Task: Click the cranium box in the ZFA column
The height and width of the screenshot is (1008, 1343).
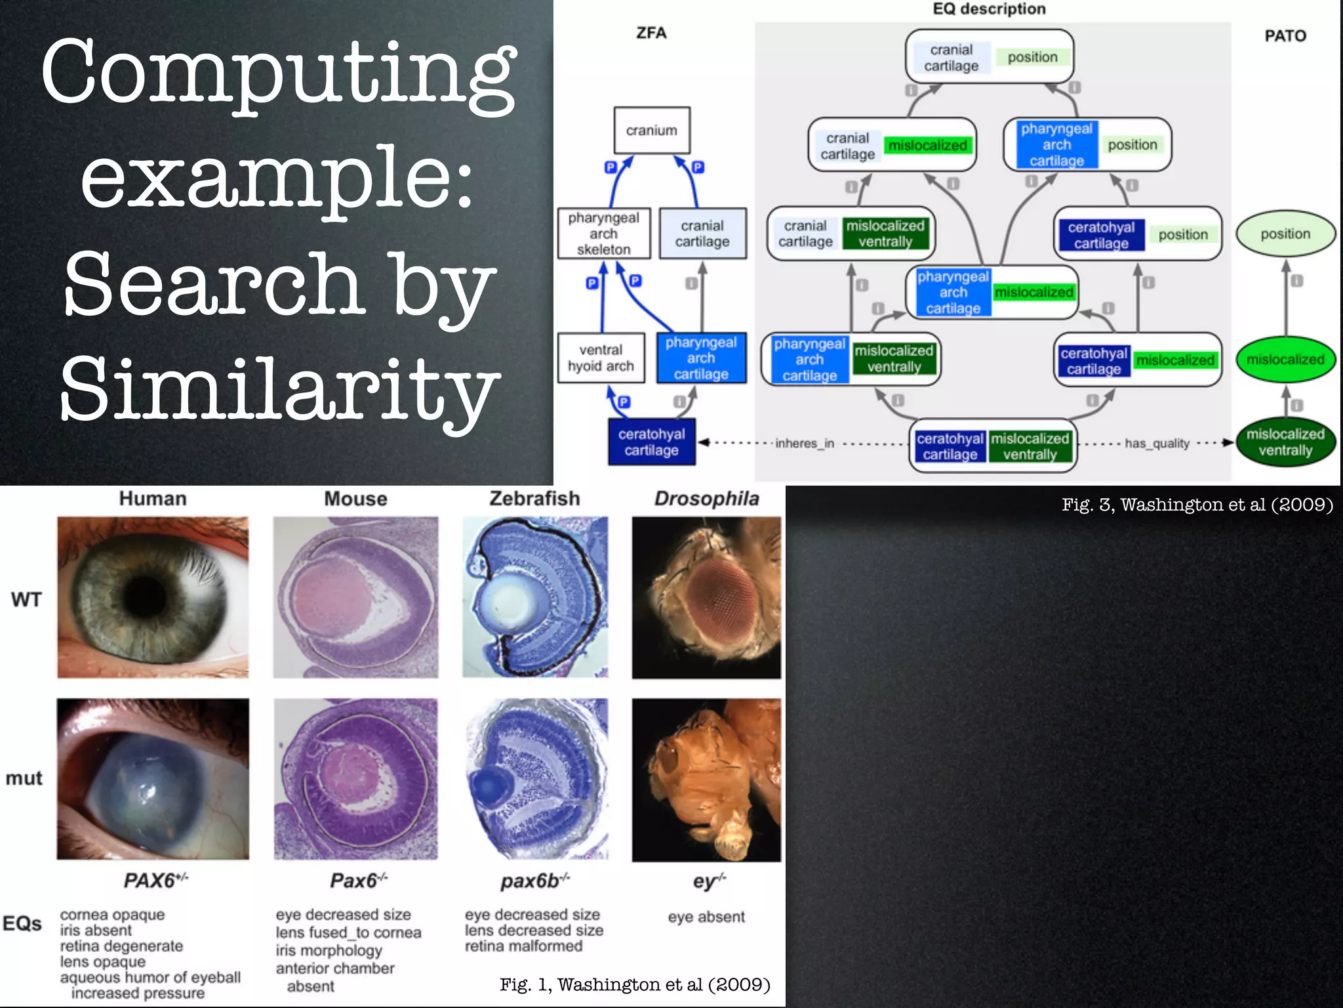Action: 651,131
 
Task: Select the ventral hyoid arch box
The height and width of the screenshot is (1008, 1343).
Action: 601,358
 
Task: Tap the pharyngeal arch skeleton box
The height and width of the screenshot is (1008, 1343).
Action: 603,234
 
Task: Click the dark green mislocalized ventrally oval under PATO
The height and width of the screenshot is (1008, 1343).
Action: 1285,442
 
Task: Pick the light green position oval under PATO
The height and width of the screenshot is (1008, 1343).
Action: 1285,234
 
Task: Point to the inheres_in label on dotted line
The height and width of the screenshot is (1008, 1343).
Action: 805,444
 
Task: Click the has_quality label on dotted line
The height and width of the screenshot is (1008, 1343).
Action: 1157,444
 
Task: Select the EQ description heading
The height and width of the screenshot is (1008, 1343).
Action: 989,9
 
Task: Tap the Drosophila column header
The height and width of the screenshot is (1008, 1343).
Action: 706,499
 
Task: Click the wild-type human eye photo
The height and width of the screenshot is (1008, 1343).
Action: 153,597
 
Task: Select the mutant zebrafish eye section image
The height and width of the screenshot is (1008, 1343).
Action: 536,779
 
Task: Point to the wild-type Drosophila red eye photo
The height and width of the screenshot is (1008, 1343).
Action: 706,597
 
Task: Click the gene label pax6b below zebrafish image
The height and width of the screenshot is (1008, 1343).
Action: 534,881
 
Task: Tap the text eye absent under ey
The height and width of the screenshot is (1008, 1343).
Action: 706,917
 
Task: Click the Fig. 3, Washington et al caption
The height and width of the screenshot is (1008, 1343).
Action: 1197,505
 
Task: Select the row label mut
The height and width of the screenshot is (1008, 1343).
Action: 24,778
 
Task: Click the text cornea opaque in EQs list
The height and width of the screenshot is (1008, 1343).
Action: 112,915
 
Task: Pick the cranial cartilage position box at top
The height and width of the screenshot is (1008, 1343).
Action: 989,57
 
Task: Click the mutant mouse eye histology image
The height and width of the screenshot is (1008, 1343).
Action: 355,779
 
